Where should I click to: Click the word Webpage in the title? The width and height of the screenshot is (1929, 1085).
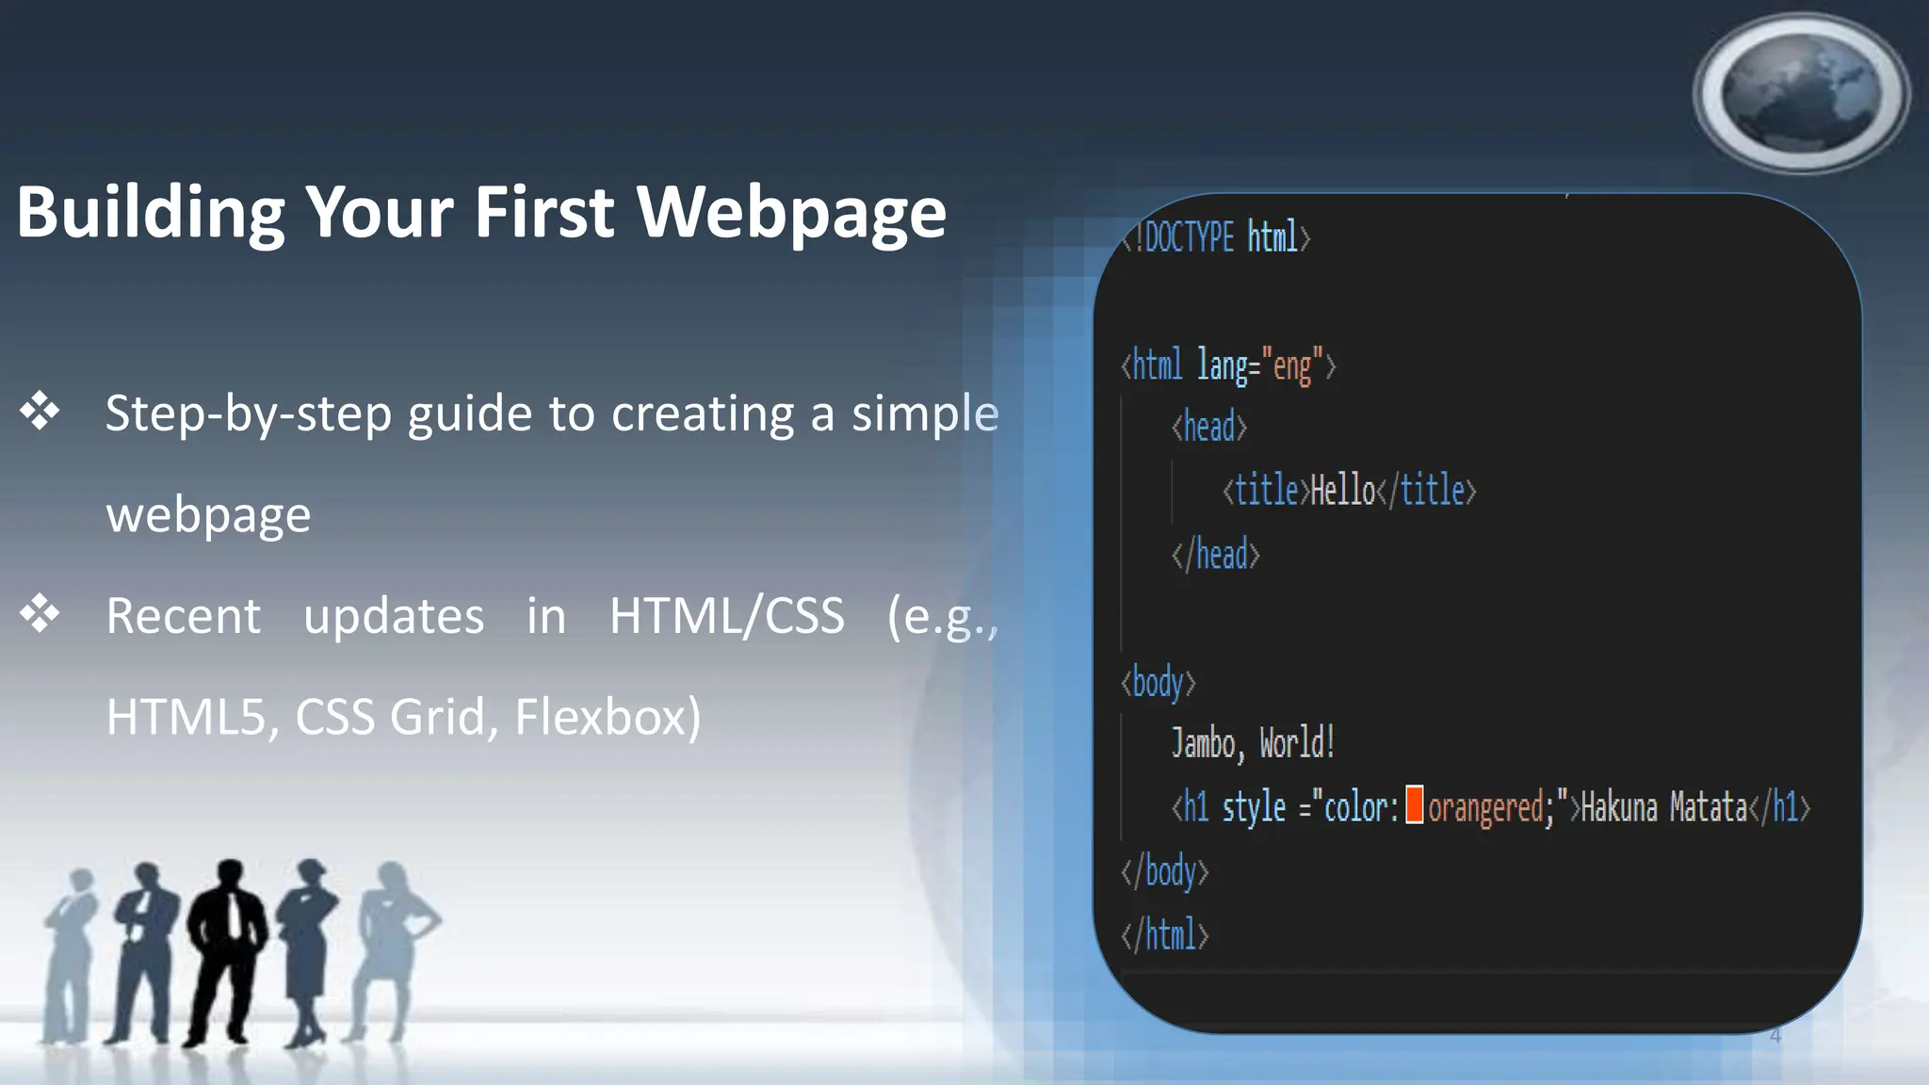click(791, 213)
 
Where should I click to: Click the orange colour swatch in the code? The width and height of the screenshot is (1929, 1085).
click(1414, 805)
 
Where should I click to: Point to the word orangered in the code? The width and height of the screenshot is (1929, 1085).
click(1486, 808)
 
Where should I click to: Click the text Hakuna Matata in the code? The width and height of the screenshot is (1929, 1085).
click(1663, 808)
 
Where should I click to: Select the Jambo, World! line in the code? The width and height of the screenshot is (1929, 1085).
click(1253, 744)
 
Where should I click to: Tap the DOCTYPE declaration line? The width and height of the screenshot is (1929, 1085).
click(1216, 237)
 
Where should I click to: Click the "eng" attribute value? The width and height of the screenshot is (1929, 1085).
click(1292, 365)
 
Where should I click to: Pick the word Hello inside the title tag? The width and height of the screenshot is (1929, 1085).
click(1343, 491)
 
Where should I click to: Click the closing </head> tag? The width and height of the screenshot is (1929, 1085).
click(1215, 555)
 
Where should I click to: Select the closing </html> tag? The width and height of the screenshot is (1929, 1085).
click(1164, 935)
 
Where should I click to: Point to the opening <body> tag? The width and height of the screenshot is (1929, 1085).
click(1159, 682)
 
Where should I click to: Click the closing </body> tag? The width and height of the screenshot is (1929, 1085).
click(1164, 872)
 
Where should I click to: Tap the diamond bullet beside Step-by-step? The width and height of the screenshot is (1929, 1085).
click(40, 412)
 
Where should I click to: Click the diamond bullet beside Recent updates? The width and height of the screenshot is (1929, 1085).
click(40, 614)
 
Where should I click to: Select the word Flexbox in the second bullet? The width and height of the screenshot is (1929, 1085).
click(608, 717)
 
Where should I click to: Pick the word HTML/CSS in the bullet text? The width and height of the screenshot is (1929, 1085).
click(726, 617)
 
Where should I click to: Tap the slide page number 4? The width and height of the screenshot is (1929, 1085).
click(1775, 1036)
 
